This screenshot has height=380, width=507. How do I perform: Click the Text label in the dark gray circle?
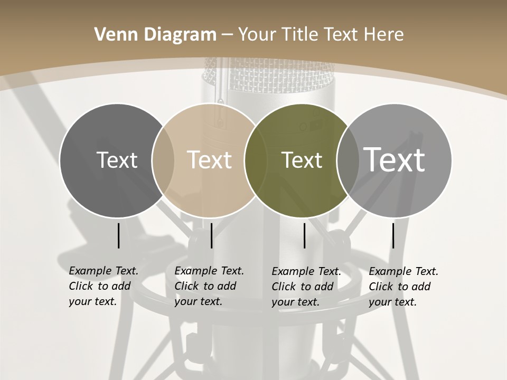[117, 160]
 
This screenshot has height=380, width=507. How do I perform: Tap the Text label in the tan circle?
[210, 160]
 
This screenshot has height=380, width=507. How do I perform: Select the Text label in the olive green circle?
[302, 160]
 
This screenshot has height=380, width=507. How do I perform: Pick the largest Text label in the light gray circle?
[395, 159]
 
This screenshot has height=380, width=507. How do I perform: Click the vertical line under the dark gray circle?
[118, 235]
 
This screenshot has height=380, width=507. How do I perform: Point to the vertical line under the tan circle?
[211, 235]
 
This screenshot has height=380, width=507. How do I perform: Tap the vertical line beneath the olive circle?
[304, 235]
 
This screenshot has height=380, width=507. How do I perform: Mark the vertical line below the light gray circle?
[393, 235]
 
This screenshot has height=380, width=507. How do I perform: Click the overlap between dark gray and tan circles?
[163, 160]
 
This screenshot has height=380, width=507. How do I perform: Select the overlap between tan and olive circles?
[256, 160]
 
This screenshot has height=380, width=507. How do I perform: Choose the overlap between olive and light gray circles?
[348, 160]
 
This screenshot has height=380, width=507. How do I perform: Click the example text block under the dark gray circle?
[104, 286]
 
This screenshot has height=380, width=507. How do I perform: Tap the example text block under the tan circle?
[209, 286]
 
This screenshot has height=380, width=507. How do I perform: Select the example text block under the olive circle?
[306, 287]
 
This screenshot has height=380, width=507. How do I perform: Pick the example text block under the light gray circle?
[403, 287]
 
